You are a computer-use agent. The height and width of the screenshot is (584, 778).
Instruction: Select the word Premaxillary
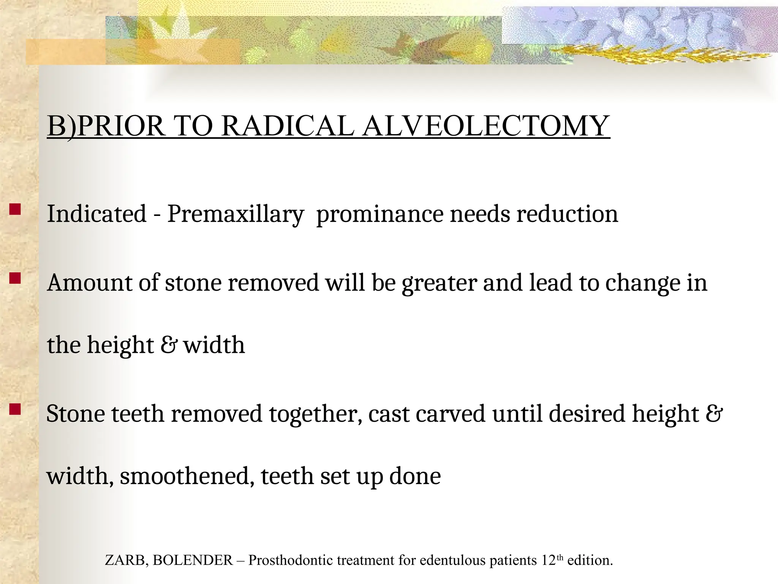pos(236,214)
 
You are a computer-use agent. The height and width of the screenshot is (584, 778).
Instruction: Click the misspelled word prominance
pos(380,214)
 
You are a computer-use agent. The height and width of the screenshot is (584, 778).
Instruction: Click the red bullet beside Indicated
pos(15,210)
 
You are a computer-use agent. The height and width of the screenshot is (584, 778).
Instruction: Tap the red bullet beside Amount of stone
pos(15,279)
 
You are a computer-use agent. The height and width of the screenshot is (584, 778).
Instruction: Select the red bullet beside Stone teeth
pos(15,409)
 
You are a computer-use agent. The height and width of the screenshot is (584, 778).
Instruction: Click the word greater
pos(439,284)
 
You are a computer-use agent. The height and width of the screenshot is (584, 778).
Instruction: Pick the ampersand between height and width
pos(168,345)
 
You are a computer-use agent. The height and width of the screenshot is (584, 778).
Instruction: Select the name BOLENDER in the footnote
pos(193,560)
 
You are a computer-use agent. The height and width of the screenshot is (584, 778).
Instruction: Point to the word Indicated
pos(96,214)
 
